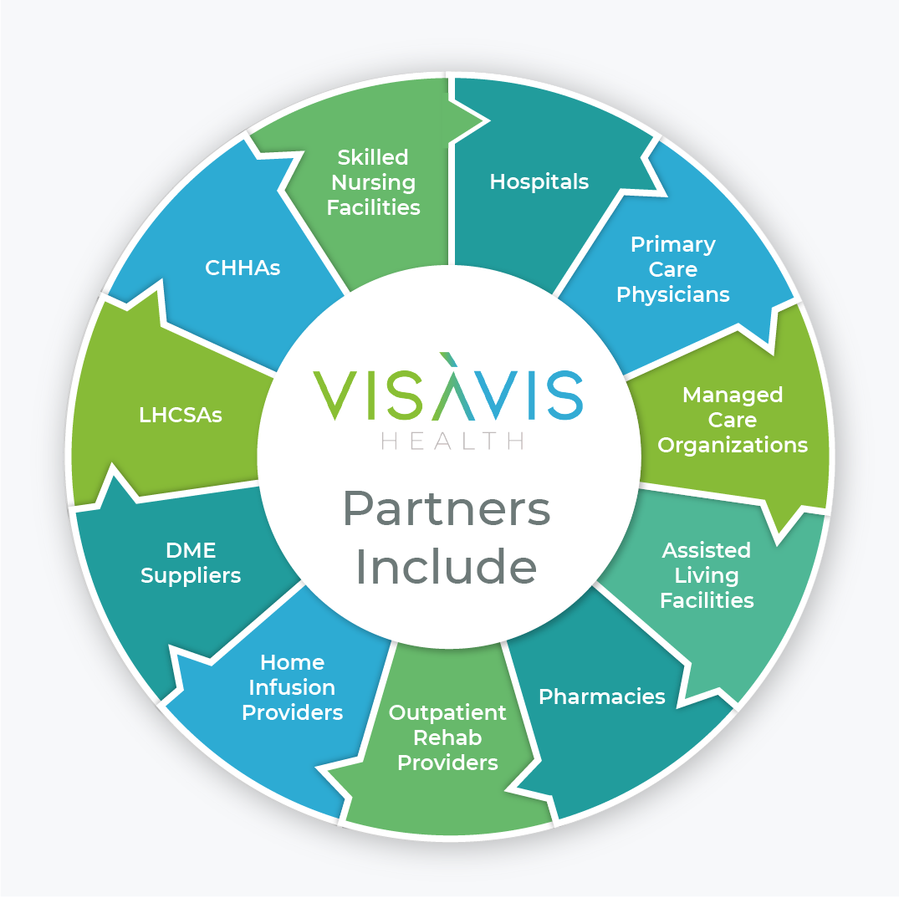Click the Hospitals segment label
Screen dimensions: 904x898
pyautogui.click(x=539, y=181)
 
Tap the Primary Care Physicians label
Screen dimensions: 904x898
pyautogui.click(x=672, y=269)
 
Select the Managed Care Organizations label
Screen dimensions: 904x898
pyautogui.click(x=733, y=420)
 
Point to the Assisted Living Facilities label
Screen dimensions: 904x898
pyautogui.click(x=707, y=575)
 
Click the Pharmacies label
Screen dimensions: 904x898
pyautogui.click(x=601, y=696)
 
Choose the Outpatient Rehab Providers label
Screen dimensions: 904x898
pyautogui.click(x=447, y=737)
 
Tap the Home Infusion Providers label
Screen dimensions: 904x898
pyautogui.click(x=292, y=687)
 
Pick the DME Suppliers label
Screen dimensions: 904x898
pyautogui.click(x=191, y=563)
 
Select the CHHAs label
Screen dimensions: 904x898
pyautogui.click(x=243, y=268)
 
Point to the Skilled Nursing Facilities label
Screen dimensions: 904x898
pyautogui.click(x=373, y=182)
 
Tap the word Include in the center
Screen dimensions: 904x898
pyautogui.click(x=446, y=567)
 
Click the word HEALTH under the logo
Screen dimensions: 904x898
pyautogui.click(x=452, y=441)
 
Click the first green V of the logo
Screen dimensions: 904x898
pyautogui.click(x=335, y=395)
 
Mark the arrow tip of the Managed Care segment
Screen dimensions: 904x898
pyautogui.click(x=781, y=535)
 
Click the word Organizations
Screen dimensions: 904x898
pyautogui.click(x=733, y=445)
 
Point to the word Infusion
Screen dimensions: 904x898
pyautogui.click(x=292, y=687)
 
